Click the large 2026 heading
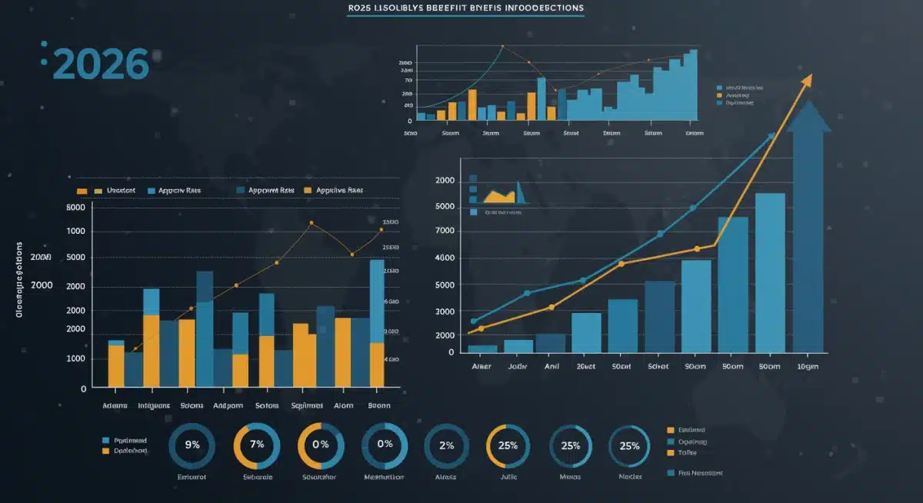coord(102,65)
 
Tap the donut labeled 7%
coord(257,445)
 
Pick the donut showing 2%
coord(447,445)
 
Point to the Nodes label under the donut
coord(631,477)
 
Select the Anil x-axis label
coord(551,367)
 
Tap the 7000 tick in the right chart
coord(446,231)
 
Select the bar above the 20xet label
coord(587,332)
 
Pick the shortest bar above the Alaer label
coord(482,348)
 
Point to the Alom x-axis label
coord(344,405)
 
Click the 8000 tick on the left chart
coord(75,208)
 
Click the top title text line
coord(461,8)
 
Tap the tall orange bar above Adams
coord(116,365)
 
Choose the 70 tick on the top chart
coord(408,79)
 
